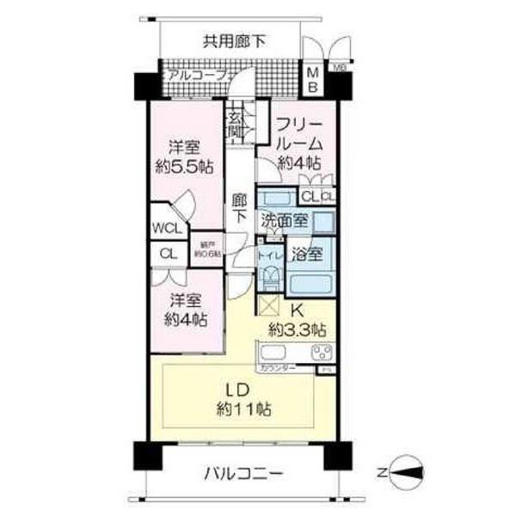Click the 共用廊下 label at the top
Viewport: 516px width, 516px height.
tap(234, 40)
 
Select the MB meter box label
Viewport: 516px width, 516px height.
tap(313, 79)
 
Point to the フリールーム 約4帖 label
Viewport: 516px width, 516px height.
tap(298, 143)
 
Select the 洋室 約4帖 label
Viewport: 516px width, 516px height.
tap(186, 310)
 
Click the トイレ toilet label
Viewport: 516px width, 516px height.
tap(269, 255)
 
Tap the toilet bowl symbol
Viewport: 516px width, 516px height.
tap(270, 278)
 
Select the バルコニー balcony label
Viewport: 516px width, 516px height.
tap(243, 474)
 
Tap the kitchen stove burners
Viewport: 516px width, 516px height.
tap(322, 352)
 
